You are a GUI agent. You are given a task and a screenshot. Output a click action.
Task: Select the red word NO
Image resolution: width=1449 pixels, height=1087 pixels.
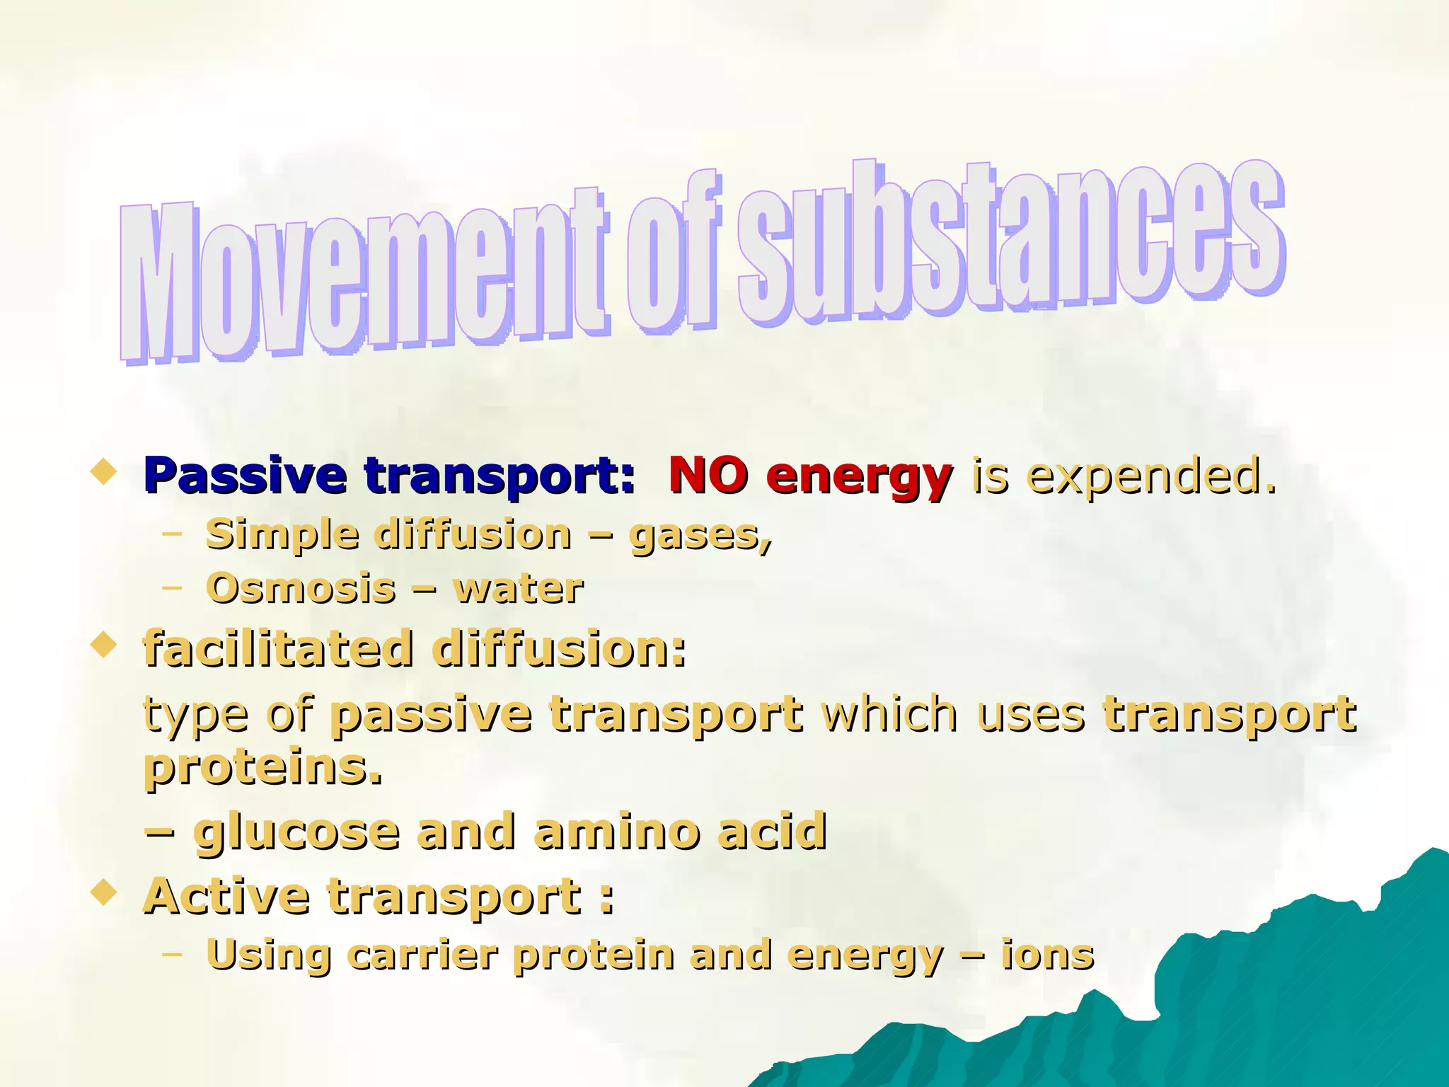[x=708, y=475]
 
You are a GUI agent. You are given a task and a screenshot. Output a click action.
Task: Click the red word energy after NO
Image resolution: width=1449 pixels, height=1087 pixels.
[x=859, y=478]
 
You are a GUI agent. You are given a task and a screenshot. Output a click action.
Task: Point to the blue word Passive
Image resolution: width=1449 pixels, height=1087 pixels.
[x=245, y=475]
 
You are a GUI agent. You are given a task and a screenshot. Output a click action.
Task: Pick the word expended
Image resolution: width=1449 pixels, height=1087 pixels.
[x=1150, y=476]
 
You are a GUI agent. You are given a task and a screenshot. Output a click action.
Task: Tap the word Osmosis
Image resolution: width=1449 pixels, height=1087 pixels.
[x=301, y=588]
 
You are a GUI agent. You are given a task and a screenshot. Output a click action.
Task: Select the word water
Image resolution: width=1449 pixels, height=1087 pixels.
[x=519, y=588]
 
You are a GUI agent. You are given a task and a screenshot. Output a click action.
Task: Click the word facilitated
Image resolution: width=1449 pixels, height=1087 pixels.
[x=278, y=648]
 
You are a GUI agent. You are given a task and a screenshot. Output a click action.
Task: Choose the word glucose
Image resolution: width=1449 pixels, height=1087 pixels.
[x=297, y=834]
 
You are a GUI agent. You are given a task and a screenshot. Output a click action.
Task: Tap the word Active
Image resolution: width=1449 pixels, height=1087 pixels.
[x=226, y=896]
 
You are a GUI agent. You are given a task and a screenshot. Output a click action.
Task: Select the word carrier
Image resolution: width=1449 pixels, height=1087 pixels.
[x=422, y=955]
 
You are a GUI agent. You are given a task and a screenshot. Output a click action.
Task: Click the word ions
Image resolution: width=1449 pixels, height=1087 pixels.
[x=1047, y=955]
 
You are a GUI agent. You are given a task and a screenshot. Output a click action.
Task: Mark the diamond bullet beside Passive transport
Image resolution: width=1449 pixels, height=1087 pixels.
[x=104, y=472]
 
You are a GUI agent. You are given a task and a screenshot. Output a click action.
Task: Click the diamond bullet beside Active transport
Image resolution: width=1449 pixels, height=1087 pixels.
[x=104, y=892]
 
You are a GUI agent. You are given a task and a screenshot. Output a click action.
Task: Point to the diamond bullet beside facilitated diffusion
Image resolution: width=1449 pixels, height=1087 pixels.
[x=104, y=645]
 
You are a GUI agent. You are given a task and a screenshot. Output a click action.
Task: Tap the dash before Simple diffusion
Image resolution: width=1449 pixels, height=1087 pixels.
[x=171, y=534]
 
